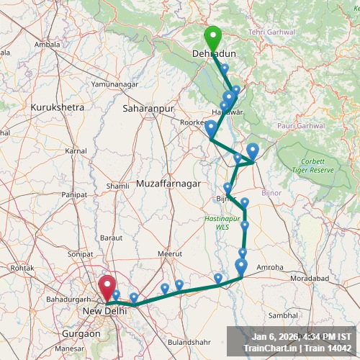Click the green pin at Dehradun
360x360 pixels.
(212, 36)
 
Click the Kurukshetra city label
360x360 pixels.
(58, 107)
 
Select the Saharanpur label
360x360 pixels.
(149, 108)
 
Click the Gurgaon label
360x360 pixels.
(81, 334)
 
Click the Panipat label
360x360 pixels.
(74, 194)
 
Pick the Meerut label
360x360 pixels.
(171, 253)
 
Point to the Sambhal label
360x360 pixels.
(283, 315)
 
